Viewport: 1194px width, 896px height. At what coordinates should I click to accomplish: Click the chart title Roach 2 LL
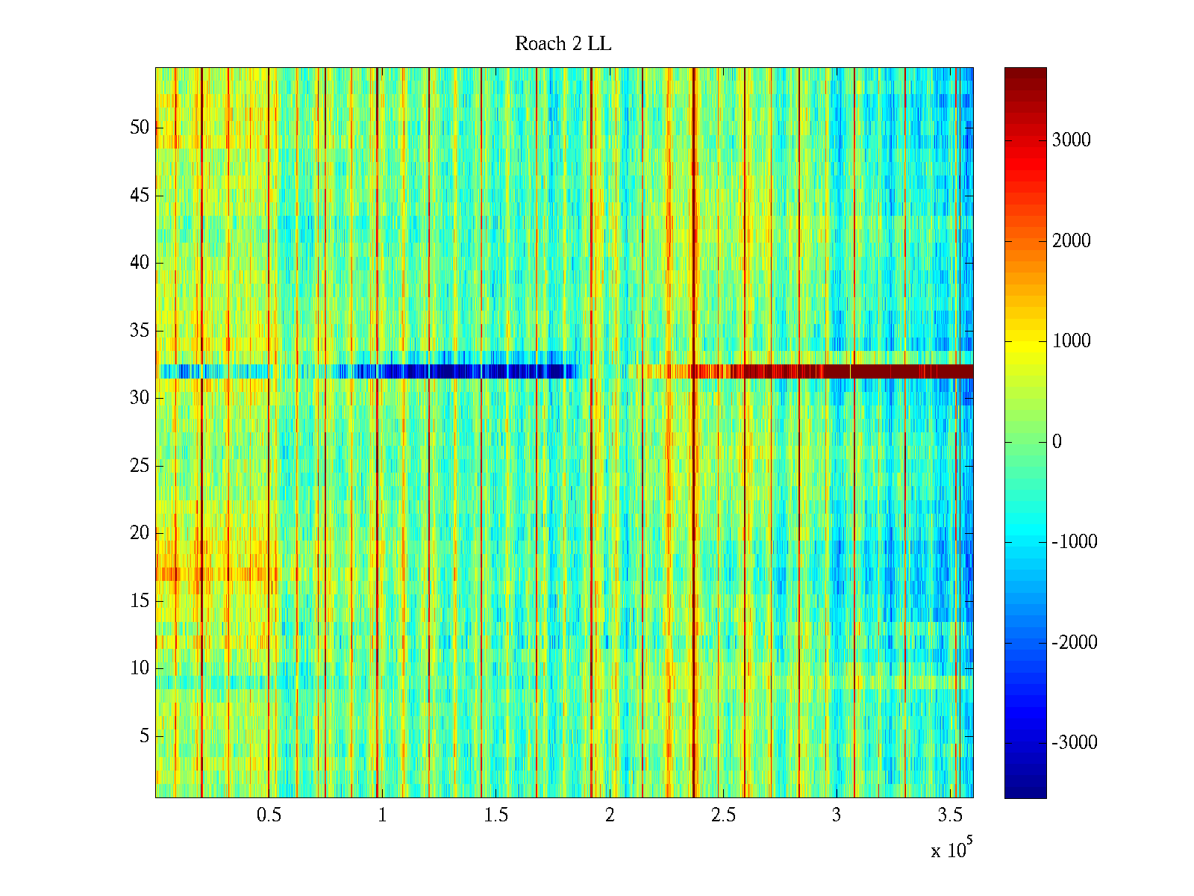563,44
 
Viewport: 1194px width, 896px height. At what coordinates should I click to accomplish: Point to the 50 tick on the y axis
140,128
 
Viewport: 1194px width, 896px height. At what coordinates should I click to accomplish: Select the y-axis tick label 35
140,330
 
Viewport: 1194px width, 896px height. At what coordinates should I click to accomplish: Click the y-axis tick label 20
140,533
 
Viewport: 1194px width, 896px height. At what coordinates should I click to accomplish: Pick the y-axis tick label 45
140,196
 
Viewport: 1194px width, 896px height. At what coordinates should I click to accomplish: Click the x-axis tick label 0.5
269,815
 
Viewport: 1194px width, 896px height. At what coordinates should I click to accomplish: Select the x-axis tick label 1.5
496,815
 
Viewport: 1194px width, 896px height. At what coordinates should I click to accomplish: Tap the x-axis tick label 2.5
723,815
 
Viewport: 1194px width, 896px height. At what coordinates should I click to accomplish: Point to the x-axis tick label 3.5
950,815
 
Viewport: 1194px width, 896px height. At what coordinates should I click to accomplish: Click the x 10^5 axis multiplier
951,850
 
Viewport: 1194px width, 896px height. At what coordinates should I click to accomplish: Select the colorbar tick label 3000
1071,140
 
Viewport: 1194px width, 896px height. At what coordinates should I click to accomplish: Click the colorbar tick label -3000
1074,742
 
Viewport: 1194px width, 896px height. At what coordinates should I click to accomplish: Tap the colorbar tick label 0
1057,442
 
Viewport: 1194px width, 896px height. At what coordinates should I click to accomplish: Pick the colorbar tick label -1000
1074,542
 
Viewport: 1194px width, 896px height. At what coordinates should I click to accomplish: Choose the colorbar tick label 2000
1071,240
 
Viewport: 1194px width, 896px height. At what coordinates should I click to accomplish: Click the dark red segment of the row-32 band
895,371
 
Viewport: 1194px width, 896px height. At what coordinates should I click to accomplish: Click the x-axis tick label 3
837,815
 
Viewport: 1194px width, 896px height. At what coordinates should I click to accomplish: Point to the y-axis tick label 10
140,668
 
